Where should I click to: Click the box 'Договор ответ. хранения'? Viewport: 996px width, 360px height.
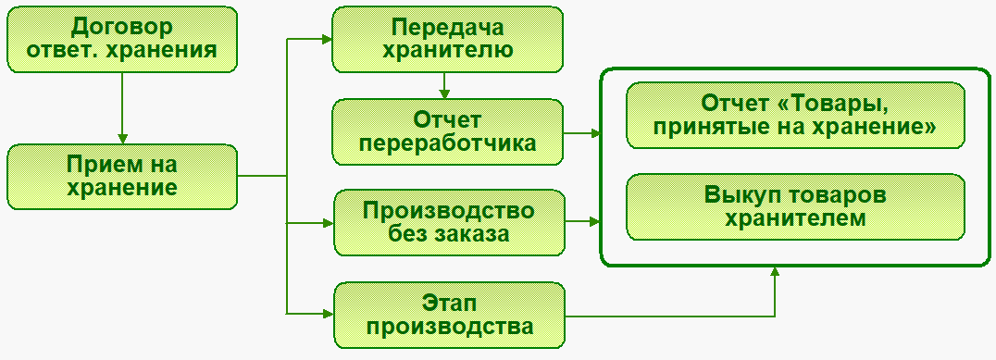tap(122, 40)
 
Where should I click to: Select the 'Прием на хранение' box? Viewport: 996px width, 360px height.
tap(122, 177)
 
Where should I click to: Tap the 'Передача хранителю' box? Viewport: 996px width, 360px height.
tap(447, 40)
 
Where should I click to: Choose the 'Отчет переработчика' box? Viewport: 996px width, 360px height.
tap(447, 131)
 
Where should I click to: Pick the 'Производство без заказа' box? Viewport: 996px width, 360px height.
tap(449, 222)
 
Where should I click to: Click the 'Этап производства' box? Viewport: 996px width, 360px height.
tap(449, 315)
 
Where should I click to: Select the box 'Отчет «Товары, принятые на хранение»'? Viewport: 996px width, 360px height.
tap(796, 115)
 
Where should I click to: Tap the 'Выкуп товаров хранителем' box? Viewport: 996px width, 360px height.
tap(796, 207)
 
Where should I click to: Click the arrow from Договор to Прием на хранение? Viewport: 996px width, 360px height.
tap(122, 108)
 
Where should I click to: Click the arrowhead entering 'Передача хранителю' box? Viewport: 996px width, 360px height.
tap(327, 40)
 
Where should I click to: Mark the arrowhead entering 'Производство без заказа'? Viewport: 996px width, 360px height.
tap(329, 223)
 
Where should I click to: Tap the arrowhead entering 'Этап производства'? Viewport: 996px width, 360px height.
tap(329, 313)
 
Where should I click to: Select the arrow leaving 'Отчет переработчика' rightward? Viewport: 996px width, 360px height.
tap(582, 133)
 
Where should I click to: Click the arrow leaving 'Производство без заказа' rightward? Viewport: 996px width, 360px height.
tap(583, 222)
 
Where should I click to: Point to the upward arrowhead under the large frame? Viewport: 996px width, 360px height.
tap(775, 272)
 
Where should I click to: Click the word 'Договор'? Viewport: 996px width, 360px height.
tap(122, 28)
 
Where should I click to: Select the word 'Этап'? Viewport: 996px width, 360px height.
tap(449, 304)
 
